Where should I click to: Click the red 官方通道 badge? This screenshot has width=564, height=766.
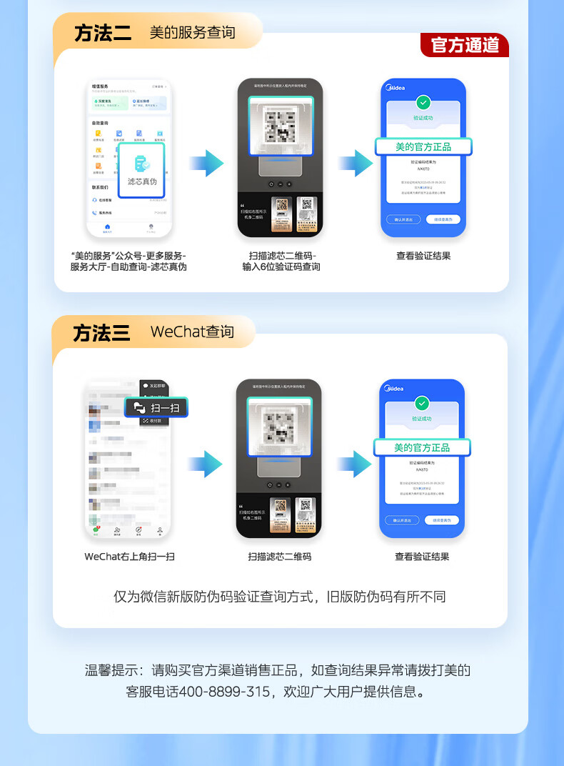tap(465, 45)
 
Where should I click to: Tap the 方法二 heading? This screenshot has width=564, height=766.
tap(103, 33)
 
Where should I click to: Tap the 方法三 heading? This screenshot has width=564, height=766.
tap(101, 332)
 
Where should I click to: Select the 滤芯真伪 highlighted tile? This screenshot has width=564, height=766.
tap(142, 170)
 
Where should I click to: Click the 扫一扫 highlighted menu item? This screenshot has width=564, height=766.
tap(156, 407)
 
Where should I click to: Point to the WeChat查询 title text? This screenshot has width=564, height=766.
tap(192, 332)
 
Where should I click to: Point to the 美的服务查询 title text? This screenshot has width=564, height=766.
tap(192, 33)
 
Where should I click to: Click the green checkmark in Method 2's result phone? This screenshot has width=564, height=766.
tap(423, 102)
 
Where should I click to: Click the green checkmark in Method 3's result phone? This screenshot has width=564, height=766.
tap(422, 403)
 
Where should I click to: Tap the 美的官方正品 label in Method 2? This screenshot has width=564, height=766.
tap(423, 146)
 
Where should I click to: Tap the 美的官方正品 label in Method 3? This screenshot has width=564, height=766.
tap(422, 447)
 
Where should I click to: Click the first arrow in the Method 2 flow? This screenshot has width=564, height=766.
tap(206, 163)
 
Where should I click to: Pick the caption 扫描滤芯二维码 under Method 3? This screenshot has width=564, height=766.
tap(280, 557)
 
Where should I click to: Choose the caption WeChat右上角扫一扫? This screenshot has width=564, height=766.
tap(129, 557)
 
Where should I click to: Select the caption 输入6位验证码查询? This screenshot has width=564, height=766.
tap(281, 267)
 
